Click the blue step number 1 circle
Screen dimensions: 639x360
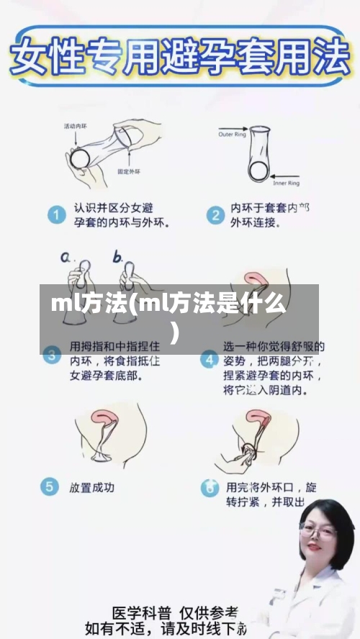[x=55, y=214]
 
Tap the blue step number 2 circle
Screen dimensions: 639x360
[x=214, y=214]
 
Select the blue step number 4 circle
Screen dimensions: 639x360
[x=210, y=358]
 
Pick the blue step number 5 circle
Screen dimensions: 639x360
[x=50, y=487]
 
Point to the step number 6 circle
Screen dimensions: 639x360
[x=210, y=487]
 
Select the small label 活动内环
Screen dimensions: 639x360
[x=75, y=127]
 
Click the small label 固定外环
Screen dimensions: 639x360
[x=130, y=172]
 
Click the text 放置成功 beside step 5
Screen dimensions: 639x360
[x=91, y=487]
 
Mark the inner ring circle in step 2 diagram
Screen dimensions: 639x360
[x=256, y=171]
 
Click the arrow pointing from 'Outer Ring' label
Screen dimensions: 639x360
[x=256, y=134]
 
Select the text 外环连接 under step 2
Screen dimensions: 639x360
[x=253, y=222]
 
